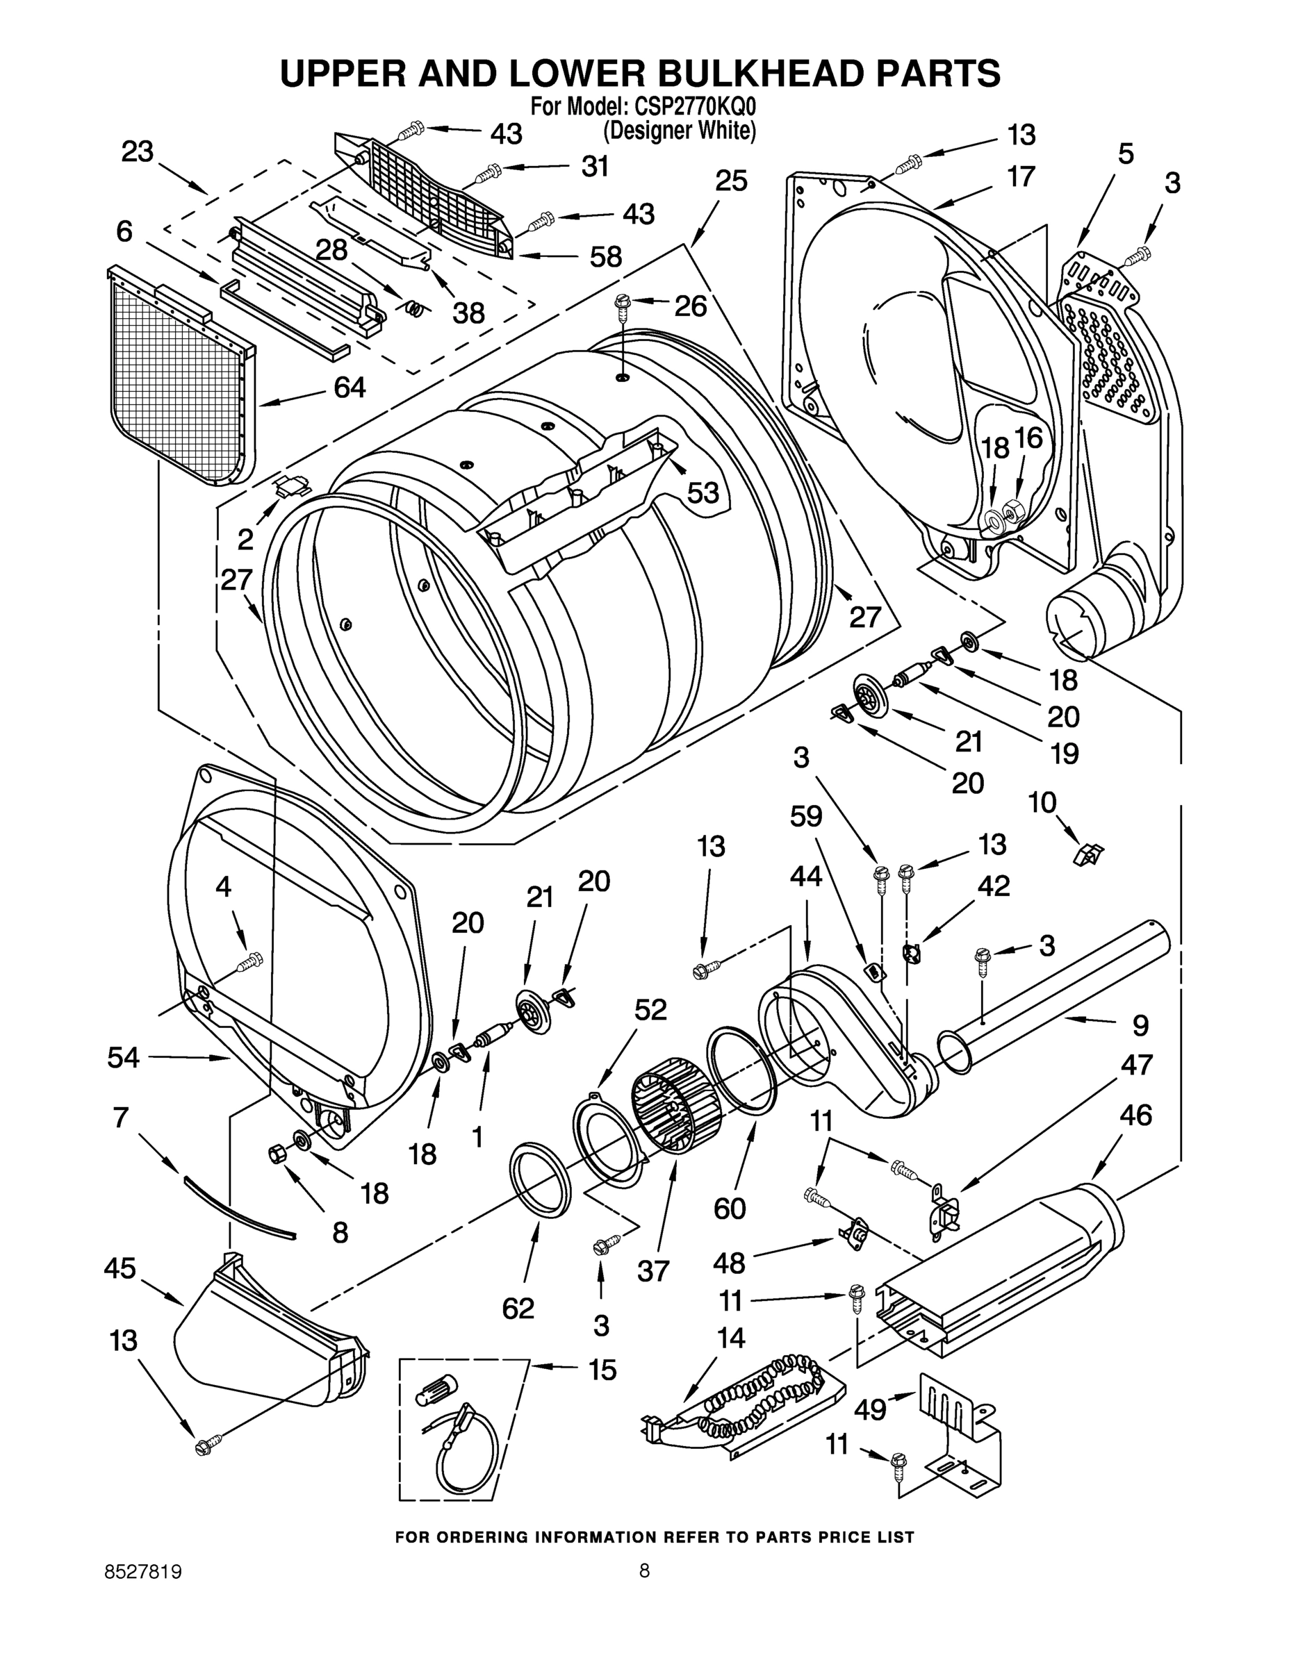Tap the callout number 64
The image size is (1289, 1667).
(x=350, y=388)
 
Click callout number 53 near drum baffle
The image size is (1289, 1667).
(x=703, y=493)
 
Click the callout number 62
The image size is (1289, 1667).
(x=518, y=1309)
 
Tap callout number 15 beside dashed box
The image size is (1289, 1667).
(x=602, y=1370)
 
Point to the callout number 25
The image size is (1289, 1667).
(x=731, y=182)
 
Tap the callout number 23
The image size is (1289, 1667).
(x=138, y=153)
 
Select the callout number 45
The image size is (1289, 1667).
(x=120, y=1269)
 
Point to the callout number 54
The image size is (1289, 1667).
(x=124, y=1058)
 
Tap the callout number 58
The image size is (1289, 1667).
(x=605, y=256)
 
